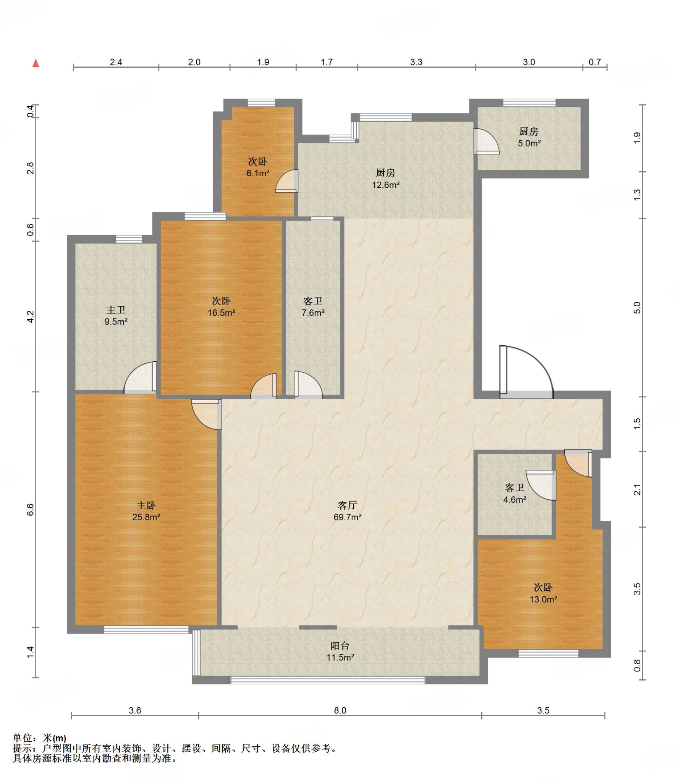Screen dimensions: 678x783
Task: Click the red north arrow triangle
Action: point(36,63)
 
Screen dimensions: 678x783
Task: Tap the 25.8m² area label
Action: point(146,517)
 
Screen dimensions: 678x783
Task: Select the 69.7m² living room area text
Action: point(348,517)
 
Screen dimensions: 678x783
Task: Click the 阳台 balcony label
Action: point(340,646)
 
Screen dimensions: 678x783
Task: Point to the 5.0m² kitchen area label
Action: point(529,143)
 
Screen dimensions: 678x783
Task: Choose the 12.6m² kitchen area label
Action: point(386,185)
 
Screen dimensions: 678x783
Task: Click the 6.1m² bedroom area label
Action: point(258,173)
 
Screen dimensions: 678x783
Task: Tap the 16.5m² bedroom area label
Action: point(222,313)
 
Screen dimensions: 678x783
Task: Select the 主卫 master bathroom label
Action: point(116,310)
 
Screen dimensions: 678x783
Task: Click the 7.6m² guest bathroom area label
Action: point(313,313)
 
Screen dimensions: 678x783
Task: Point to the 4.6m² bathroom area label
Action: point(515,500)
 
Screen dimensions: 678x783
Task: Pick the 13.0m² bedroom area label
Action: point(543,599)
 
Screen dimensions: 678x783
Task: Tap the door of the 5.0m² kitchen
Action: point(486,141)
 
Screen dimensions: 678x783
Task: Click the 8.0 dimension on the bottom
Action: point(340,710)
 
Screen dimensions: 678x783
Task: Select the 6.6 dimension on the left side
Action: point(31,510)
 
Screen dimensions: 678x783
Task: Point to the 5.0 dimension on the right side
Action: point(637,308)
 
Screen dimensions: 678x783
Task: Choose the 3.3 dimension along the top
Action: point(416,62)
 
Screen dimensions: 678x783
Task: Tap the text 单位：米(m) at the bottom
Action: point(39,738)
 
